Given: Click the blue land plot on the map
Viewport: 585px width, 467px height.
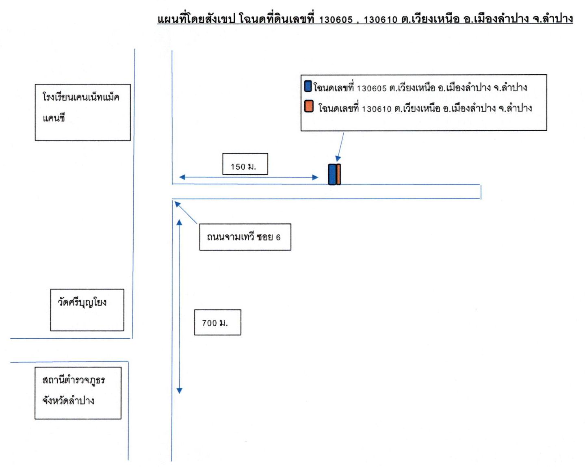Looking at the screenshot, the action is [332, 175].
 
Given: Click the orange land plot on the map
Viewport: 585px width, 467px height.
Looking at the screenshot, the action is [338, 174].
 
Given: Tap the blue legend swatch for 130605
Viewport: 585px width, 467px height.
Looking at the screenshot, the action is [308, 86].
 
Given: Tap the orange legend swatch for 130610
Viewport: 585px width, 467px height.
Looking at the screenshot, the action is [309, 106].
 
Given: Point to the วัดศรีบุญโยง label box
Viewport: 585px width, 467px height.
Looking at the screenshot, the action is [87, 310].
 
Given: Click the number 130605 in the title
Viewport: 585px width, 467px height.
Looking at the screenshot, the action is [336, 19].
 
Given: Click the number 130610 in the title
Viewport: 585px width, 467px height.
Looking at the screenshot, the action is [381, 19].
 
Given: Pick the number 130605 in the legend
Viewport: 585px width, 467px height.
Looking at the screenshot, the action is [371, 89].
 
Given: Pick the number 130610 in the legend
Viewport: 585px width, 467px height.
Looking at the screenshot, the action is [377, 109].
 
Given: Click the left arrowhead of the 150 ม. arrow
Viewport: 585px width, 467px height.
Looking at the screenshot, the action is [182, 177].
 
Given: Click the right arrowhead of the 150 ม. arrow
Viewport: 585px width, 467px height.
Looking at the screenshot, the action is [315, 177].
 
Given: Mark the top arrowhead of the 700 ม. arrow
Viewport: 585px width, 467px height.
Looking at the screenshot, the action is [179, 223].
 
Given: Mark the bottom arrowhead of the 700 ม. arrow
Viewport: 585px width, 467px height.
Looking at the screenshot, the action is [180, 391].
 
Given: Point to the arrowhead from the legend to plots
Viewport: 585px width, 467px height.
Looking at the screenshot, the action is [338, 159].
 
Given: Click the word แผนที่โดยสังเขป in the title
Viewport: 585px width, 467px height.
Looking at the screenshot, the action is [196, 19].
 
